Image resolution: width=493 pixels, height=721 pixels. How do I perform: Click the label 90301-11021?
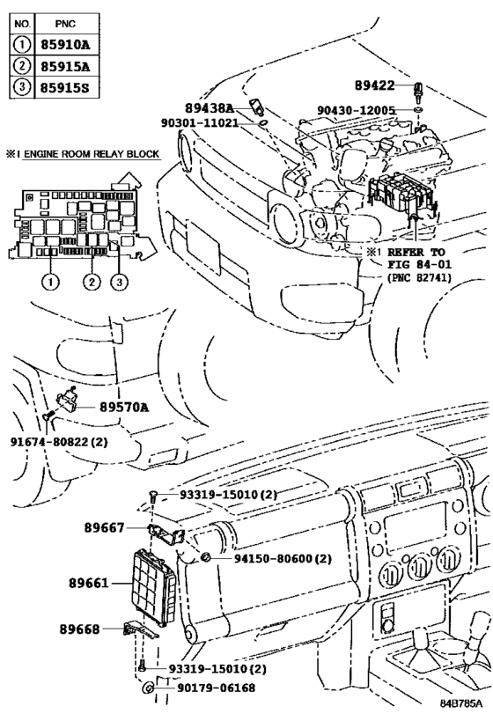click(199, 122)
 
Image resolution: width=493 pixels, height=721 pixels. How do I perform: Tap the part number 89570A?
click(124, 407)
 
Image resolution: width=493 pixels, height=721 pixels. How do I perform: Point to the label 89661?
click(91, 583)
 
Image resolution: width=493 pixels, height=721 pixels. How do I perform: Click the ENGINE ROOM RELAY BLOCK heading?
click(85, 154)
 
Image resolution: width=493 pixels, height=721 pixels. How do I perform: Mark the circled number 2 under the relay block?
click(91, 282)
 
